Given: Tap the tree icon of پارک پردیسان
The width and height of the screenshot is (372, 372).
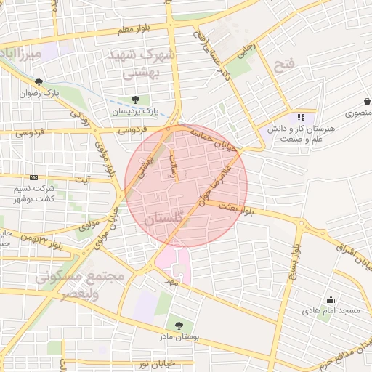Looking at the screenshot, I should (134, 100).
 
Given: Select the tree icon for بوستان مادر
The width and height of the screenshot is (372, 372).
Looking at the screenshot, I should (179, 325).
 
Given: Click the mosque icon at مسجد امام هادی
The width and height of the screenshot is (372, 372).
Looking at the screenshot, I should (331, 299).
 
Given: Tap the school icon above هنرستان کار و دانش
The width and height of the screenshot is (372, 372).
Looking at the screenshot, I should (301, 117).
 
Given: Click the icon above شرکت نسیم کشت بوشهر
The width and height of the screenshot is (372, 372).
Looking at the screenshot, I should (33, 177).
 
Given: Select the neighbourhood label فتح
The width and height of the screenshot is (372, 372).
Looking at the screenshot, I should (283, 66).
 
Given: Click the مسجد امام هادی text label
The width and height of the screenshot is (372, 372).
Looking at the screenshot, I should (331, 311).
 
